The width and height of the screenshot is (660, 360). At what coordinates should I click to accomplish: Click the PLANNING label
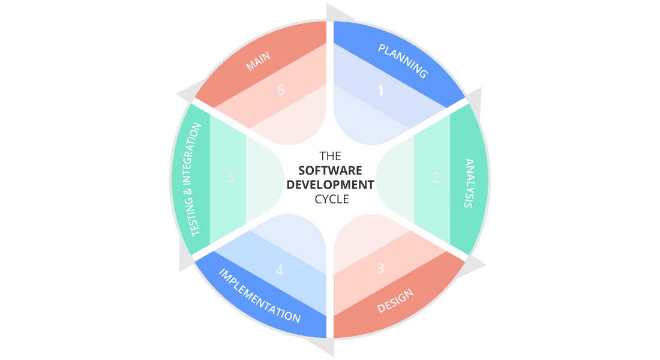pyautogui.click(x=403, y=61)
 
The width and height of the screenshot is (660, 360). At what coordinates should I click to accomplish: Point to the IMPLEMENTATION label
pyautogui.click(x=259, y=296)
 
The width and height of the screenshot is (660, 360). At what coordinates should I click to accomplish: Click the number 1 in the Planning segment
pyautogui.click(x=380, y=91)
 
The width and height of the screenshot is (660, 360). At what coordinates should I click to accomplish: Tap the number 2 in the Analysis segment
pyautogui.click(x=436, y=178)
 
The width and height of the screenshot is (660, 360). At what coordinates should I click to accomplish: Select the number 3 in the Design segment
pyautogui.click(x=380, y=268)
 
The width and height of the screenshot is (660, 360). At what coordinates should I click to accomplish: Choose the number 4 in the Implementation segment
pyautogui.click(x=279, y=270)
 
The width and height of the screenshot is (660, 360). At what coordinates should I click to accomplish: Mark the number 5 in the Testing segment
pyautogui.click(x=231, y=178)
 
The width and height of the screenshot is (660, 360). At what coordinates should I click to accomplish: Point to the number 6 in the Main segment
pyautogui.click(x=281, y=90)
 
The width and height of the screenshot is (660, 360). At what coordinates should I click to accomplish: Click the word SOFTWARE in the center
pyautogui.click(x=331, y=169)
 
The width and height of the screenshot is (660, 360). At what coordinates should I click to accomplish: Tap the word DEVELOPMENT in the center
pyautogui.click(x=330, y=184)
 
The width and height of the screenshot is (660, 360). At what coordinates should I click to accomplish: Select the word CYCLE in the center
pyautogui.click(x=331, y=199)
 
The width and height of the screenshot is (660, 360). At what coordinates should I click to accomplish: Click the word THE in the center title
pyautogui.click(x=331, y=155)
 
